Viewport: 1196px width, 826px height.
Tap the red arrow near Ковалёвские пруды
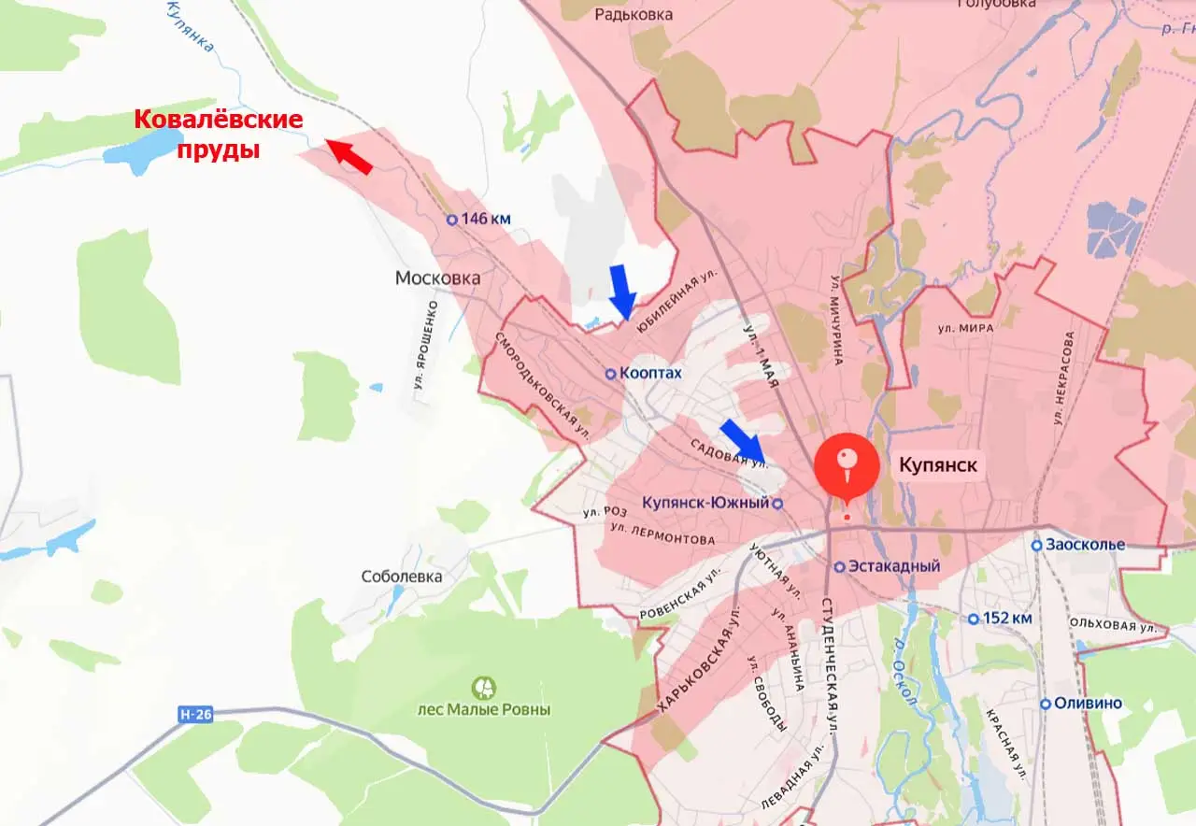click(349, 157)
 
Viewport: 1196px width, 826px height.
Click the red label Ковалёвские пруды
click(219, 134)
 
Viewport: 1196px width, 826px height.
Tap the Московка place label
click(437, 278)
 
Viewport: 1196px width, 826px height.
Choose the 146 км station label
click(478, 220)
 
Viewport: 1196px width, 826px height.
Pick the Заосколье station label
click(1078, 545)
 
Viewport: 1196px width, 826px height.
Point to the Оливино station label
click(1083, 704)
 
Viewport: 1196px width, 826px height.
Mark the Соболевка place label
click(402, 577)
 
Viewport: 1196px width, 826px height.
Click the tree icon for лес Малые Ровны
click(484, 689)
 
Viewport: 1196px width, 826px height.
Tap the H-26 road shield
click(195, 715)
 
